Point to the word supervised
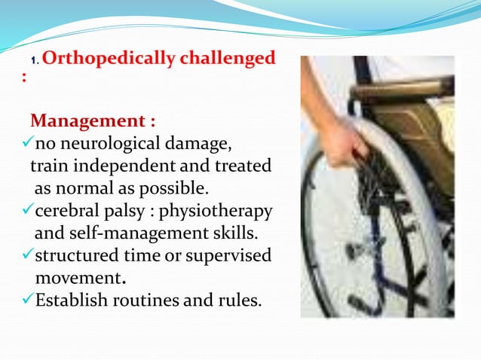(231, 255)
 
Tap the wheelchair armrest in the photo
(403, 90)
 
